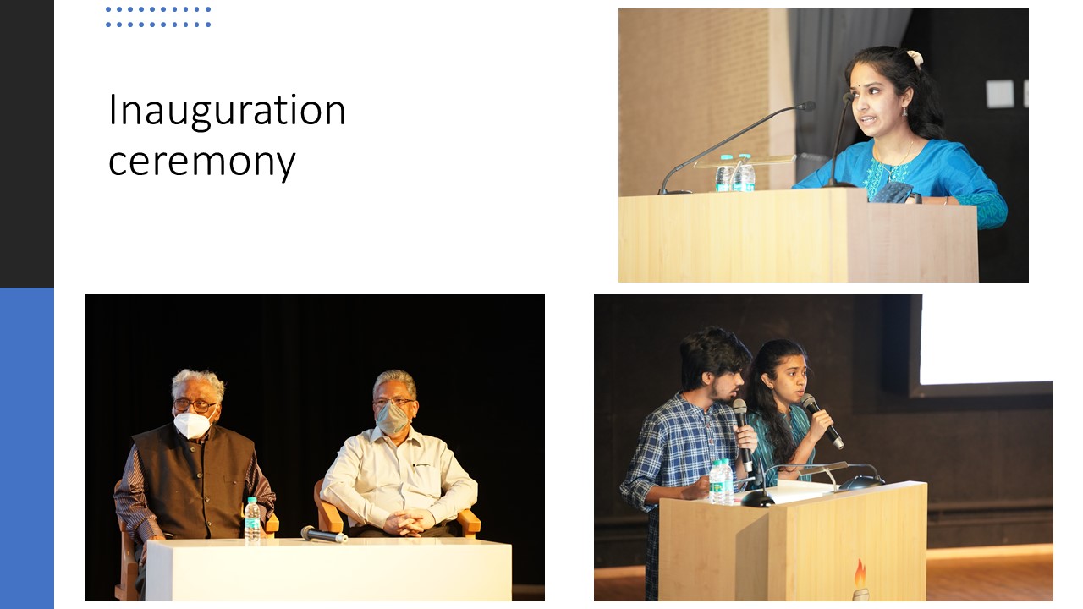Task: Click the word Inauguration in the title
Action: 227,111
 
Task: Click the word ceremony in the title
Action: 201,162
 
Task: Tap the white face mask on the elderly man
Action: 192,424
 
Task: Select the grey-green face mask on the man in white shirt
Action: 392,419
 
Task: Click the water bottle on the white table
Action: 251,519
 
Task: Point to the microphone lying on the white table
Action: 323,534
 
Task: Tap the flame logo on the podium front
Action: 860,580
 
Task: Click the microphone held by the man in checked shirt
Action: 742,433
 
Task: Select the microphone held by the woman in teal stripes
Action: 822,420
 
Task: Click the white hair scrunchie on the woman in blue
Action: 915,58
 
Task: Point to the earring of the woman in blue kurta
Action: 904,112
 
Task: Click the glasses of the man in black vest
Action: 194,405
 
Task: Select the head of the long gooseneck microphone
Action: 806,106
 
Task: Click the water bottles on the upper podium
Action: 735,173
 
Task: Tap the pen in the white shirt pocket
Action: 421,465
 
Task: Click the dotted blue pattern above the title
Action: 158,17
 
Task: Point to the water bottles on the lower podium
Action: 722,481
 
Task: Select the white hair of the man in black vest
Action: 198,381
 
